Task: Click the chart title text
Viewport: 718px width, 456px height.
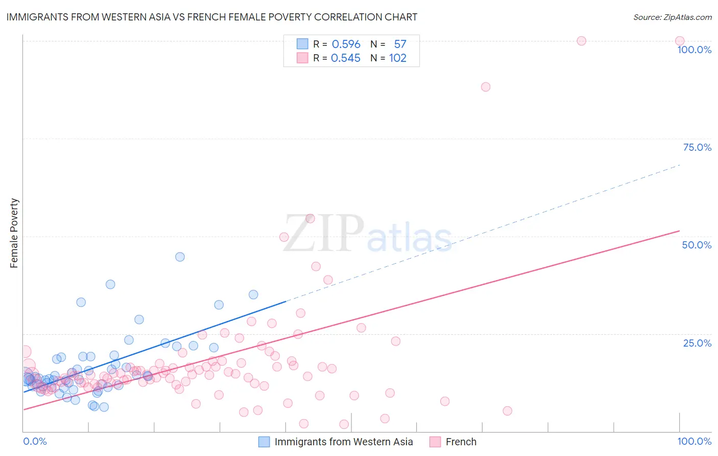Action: [x=211, y=17]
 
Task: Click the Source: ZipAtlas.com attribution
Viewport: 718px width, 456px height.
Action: [x=672, y=17]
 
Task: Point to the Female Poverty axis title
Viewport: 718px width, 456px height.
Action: [x=14, y=233]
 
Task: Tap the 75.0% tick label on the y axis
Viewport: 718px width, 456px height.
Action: [x=697, y=147]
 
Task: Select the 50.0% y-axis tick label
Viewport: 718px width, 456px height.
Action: [x=697, y=245]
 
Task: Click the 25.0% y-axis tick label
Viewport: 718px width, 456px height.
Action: [x=697, y=343]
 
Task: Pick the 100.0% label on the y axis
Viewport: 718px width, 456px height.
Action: [x=694, y=50]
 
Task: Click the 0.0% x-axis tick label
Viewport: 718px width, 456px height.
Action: [x=35, y=441]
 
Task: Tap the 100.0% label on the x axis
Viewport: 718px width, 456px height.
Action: [x=694, y=441]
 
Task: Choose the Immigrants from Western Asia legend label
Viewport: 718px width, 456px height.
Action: [x=344, y=442]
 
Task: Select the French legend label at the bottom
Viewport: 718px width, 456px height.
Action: [x=461, y=442]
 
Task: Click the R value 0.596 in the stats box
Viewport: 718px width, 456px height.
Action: [x=346, y=44]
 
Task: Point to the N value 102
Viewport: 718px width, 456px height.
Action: [x=397, y=58]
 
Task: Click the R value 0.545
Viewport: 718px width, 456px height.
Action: [x=345, y=58]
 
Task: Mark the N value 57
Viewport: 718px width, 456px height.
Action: [x=400, y=44]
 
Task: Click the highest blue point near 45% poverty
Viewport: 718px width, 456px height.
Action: [x=180, y=257]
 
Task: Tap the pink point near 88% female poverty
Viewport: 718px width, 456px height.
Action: [x=486, y=87]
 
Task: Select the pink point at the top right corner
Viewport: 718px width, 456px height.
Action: [x=680, y=41]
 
